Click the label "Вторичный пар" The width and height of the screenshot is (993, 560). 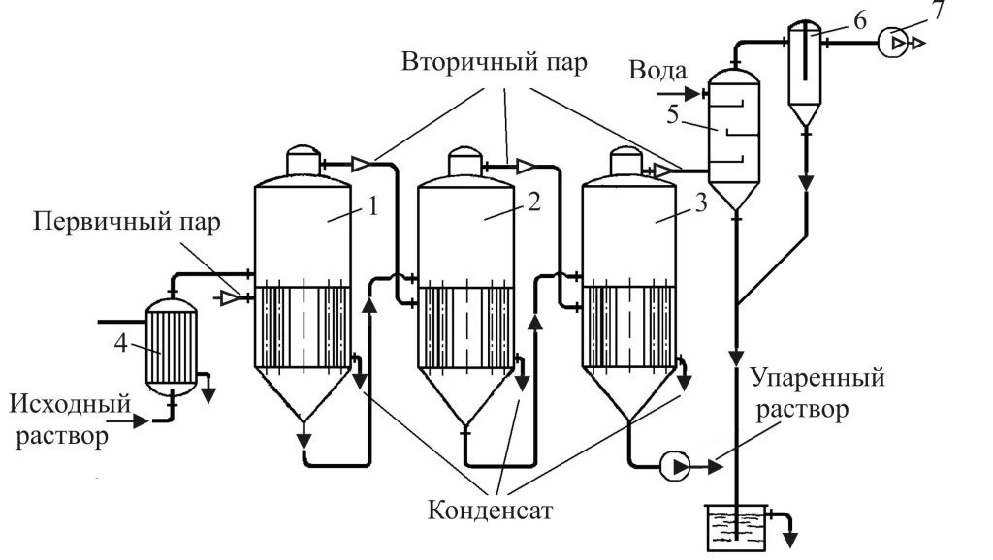point(494,67)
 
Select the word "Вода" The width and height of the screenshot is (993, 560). point(658,71)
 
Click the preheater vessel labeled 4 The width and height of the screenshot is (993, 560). point(171,344)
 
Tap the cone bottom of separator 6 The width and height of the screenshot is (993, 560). point(806,115)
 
